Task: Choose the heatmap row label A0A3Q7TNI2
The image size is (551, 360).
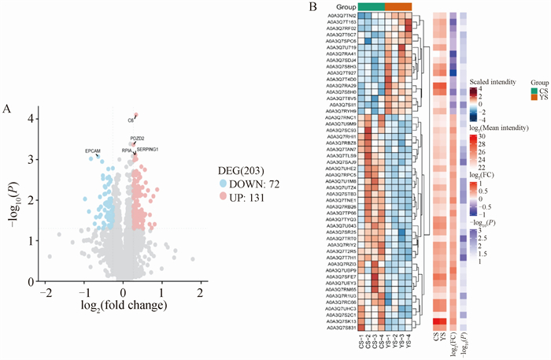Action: [x=342, y=15]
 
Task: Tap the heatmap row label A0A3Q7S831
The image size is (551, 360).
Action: [x=342, y=327]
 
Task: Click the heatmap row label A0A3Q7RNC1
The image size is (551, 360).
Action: [x=342, y=117]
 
